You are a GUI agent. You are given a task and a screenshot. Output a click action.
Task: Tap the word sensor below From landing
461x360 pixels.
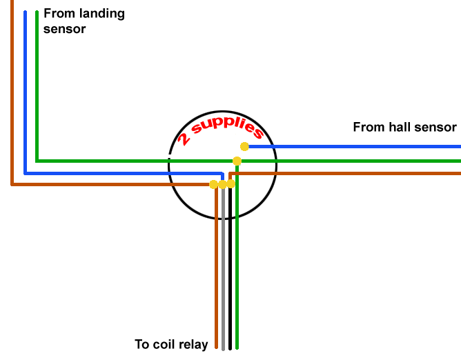coord(64,29)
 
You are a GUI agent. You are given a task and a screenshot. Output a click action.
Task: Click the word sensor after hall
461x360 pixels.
coord(435,127)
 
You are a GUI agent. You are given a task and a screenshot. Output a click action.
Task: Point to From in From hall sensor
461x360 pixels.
coord(367,127)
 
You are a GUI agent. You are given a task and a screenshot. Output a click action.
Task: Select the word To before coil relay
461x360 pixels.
coord(142,344)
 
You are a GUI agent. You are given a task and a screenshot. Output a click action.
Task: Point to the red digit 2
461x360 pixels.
coord(184,139)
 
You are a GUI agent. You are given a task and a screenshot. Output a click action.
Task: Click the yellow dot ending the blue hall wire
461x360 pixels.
coord(244,146)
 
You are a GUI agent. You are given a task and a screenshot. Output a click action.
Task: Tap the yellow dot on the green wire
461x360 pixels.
coord(237,161)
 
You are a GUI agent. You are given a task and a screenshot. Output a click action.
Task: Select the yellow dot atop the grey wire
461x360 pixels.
coord(222,185)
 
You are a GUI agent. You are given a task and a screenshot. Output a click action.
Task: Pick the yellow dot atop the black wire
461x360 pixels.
coord(230,184)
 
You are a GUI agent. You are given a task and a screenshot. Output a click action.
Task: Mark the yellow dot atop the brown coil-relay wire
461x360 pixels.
coord(214,184)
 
